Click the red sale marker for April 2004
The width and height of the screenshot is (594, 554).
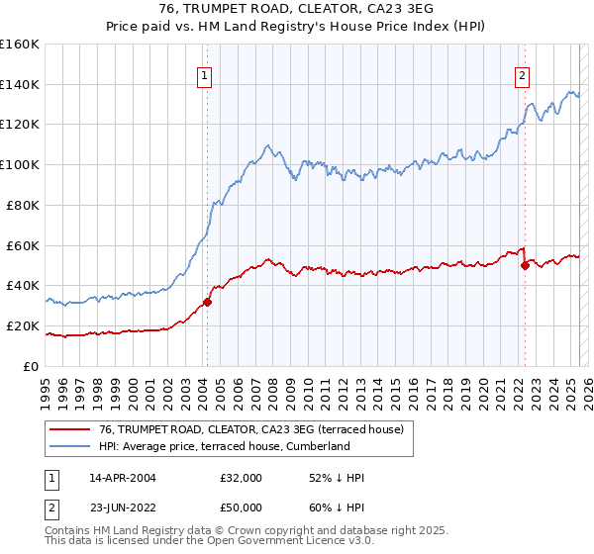coord(208,302)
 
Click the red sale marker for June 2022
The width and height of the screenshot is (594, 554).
coord(526,265)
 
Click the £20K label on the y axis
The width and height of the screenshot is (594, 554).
coord(24,325)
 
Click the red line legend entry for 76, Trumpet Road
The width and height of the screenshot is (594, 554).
coord(251,430)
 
